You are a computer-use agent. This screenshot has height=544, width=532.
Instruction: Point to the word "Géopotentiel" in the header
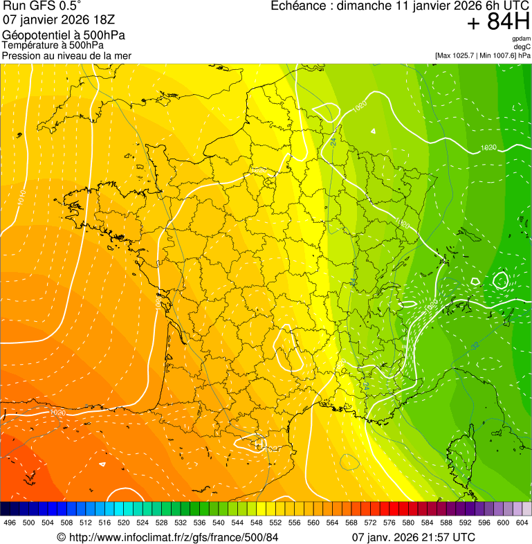[34, 35]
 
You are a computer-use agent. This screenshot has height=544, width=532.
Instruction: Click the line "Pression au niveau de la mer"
[66, 55]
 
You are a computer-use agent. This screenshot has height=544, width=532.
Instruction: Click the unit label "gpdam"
[521, 39]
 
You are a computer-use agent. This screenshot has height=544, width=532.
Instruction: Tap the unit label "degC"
[522, 46]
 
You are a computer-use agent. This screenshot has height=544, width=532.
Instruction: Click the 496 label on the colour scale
[10, 523]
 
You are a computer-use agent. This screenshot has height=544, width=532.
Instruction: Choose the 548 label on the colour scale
[256, 523]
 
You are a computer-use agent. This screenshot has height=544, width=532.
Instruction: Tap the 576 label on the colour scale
[389, 523]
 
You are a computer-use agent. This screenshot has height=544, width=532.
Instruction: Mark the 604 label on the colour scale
[522, 523]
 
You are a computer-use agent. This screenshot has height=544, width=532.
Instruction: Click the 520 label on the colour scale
[123, 523]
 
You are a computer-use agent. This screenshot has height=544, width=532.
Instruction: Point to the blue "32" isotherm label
[475, 345]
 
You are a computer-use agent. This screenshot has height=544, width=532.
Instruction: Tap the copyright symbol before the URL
[61, 537]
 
